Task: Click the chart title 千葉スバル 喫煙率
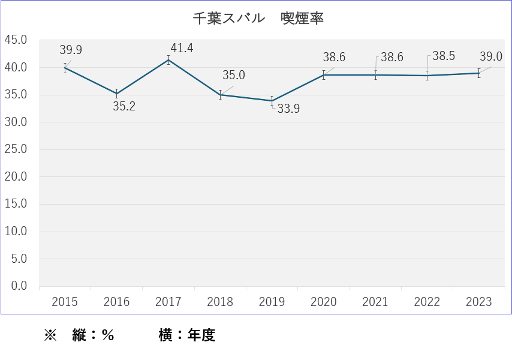click(x=258, y=18)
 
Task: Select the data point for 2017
click(x=168, y=59)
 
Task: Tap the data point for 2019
click(x=272, y=101)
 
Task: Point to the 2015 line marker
click(x=65, y=68)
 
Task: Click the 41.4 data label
click(x=182, y=48)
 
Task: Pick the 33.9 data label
click(x=289, y=110)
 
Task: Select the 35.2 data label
click(x=125, y=107)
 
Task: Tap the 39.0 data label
click(x=491, y=57)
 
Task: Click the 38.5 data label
click(x=444, y=56)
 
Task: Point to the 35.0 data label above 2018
click(x=234, y=76)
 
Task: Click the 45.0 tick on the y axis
click(x=16, y=40)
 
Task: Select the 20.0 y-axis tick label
click(x=16, y=177)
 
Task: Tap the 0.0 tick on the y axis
click(x=20, y=286)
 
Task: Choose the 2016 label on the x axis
click(x=116, y=302)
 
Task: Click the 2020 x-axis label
click(x=324, y=302)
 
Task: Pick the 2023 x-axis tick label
click(x=478, y=302)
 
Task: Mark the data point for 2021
click(x=375, y=75)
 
